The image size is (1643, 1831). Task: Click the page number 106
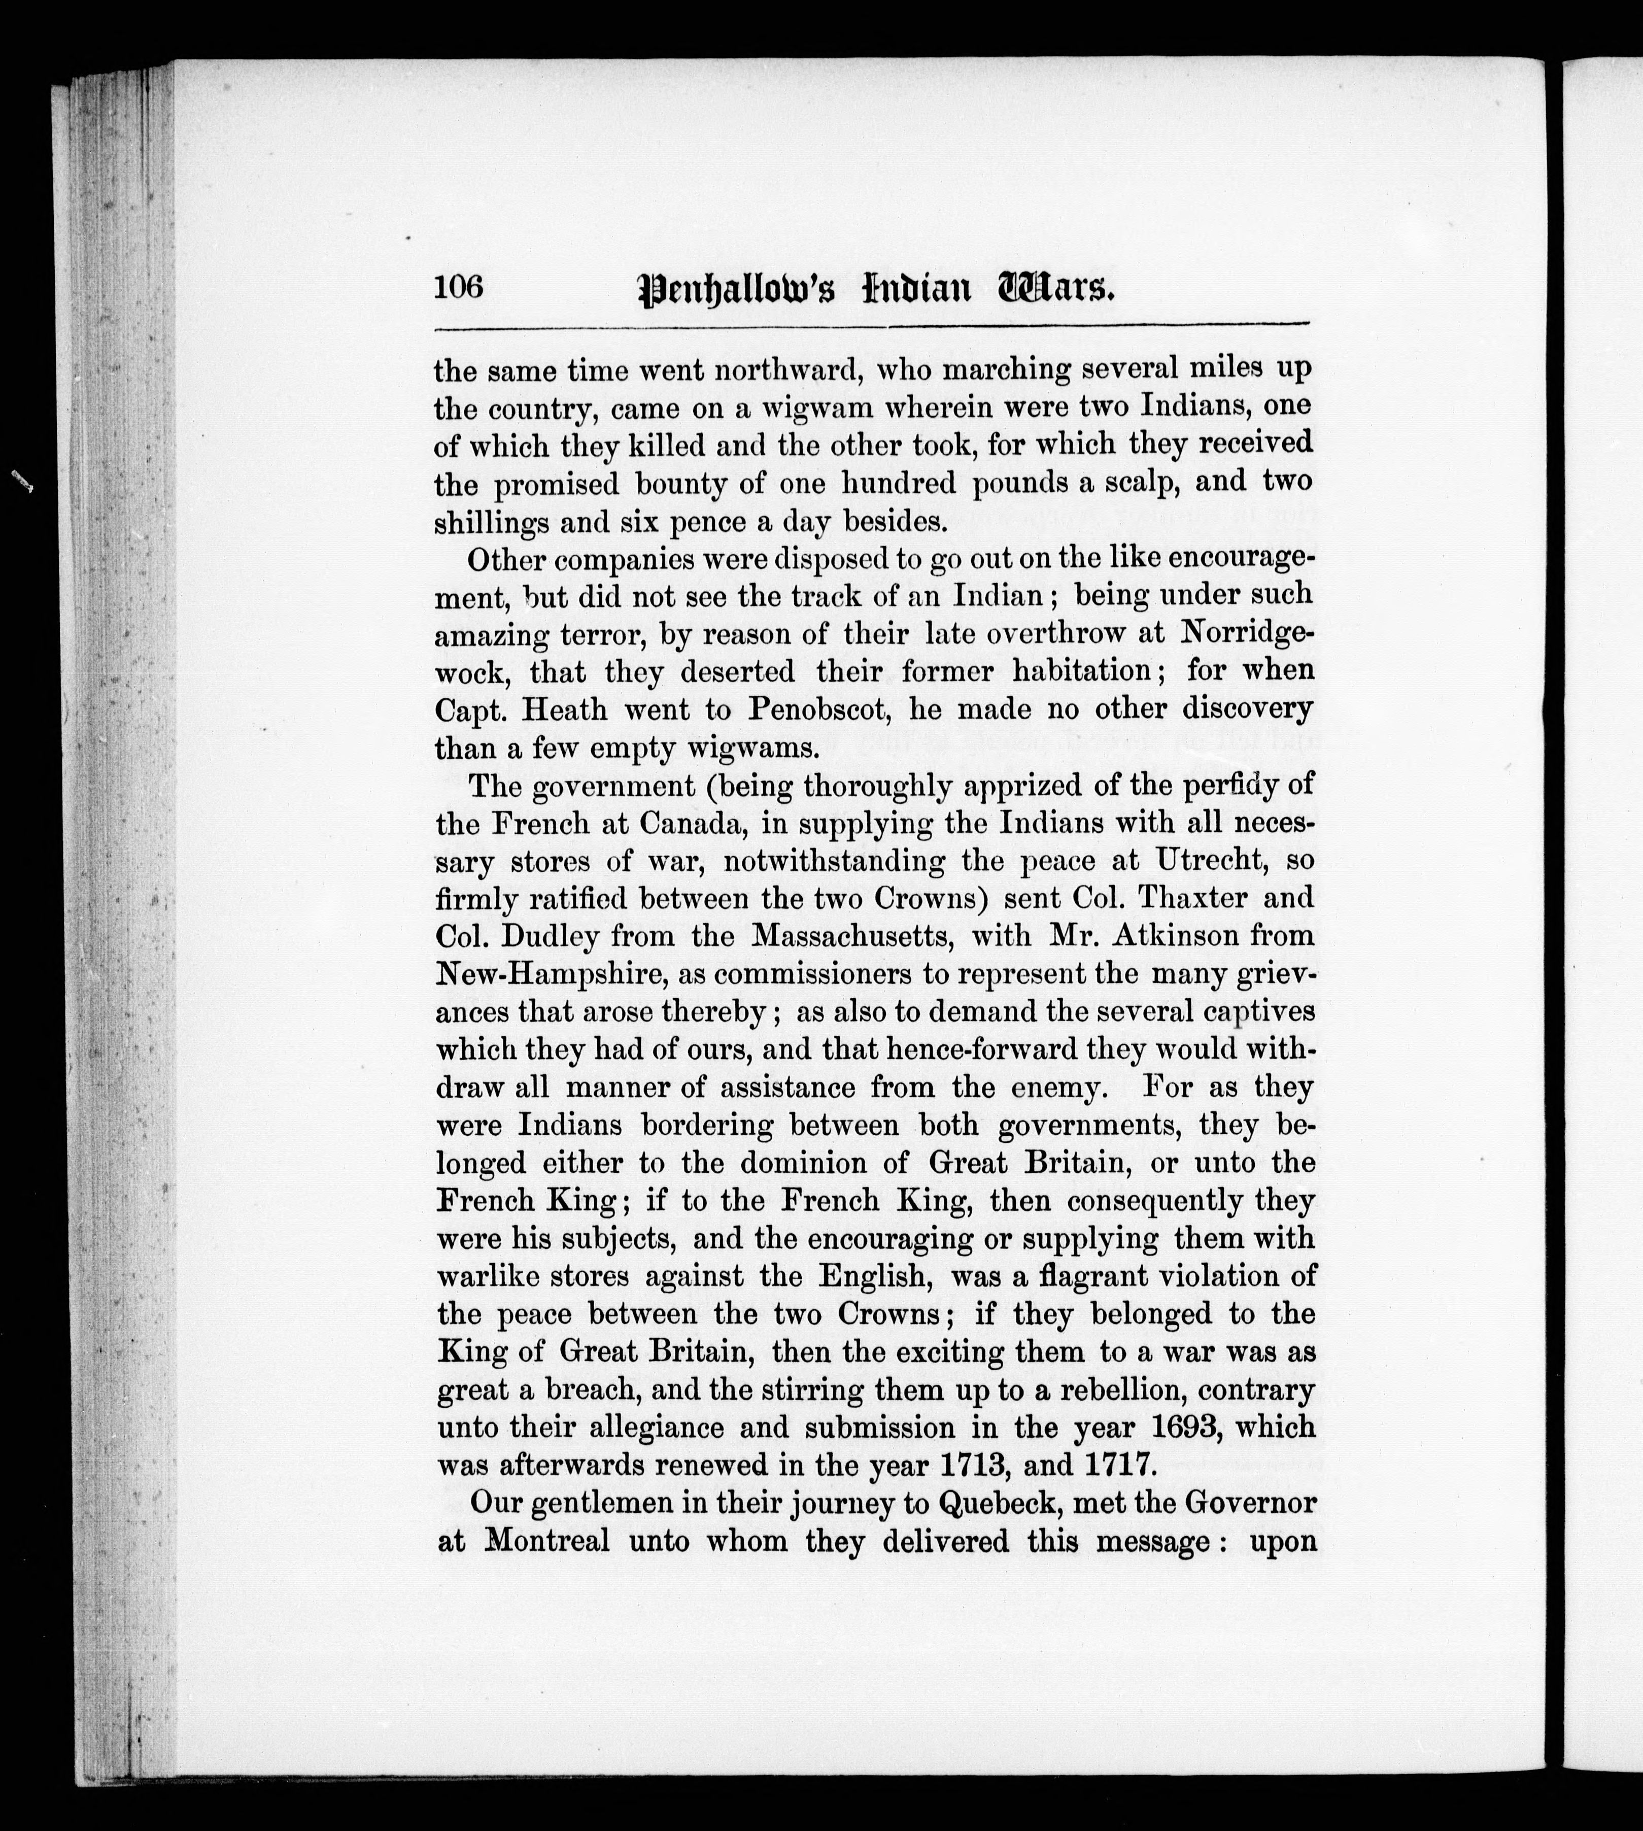point(459,287)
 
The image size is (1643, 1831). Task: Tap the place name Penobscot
point(815,709)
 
